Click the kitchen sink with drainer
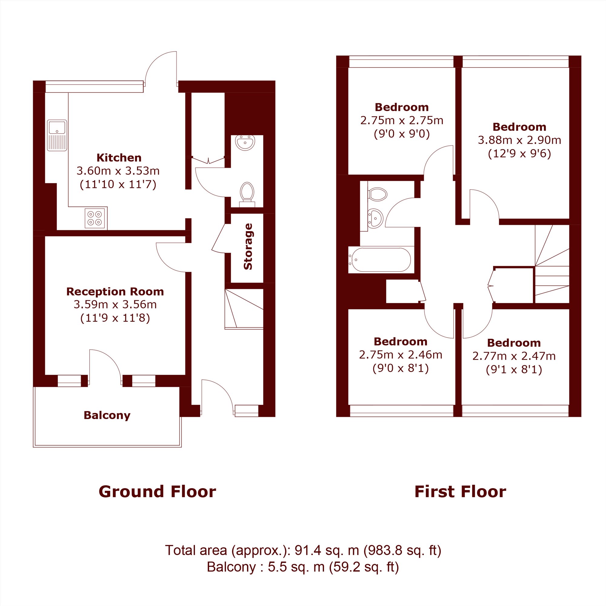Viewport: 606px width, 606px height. pos(57,135)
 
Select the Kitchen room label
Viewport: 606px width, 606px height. pos(119,158)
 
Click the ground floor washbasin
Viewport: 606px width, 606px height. pos(245,143)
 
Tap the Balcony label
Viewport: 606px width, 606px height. pos(107,415)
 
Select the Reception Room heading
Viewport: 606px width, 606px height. pos(115,291)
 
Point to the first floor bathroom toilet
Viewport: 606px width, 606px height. pos(378,194)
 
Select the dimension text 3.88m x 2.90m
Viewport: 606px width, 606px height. pos(519,140)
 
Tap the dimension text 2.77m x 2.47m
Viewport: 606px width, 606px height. pos(514,356)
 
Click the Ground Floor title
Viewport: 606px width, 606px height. pos(157,491)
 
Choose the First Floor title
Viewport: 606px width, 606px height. pos(460,491)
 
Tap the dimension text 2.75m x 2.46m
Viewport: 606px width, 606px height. pos(401,355)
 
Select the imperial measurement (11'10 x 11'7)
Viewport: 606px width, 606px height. pos(118,184)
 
